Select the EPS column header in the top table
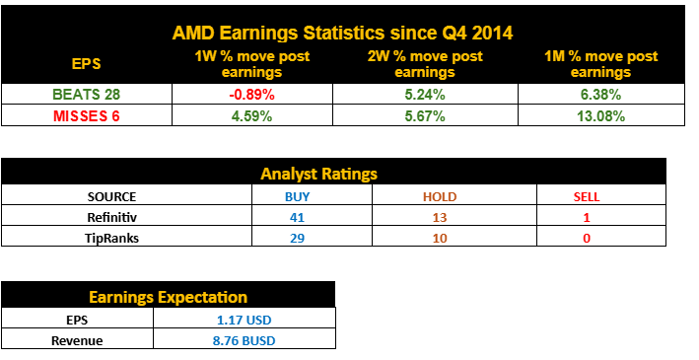tap(86, 64)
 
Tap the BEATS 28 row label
tap(86, 95)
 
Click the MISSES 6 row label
tap(86, 115)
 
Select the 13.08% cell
tap(601, 115)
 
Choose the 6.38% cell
tap(601, 95)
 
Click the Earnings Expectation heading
tap(169, 297)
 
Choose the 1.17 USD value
tap(244, 319)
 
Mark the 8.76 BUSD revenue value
tap(244, 339)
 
